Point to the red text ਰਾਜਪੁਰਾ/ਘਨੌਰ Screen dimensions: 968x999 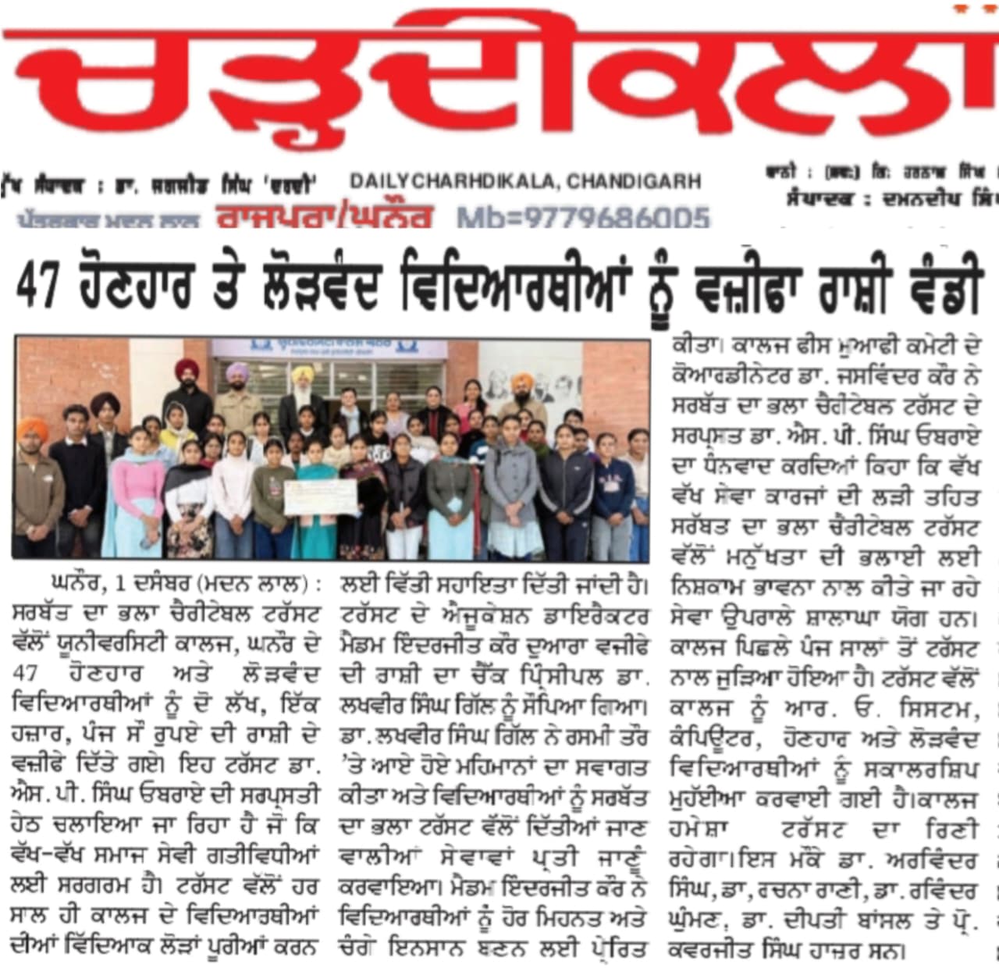point(324,218)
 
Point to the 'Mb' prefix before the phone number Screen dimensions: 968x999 point(478,218)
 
